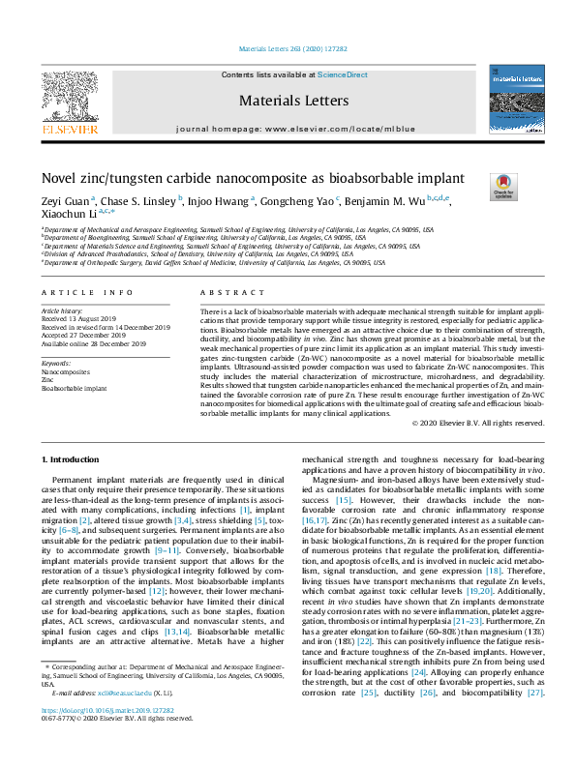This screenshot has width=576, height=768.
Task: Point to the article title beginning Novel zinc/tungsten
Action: (253, 178)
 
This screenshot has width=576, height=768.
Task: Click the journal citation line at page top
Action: (288, 48)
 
